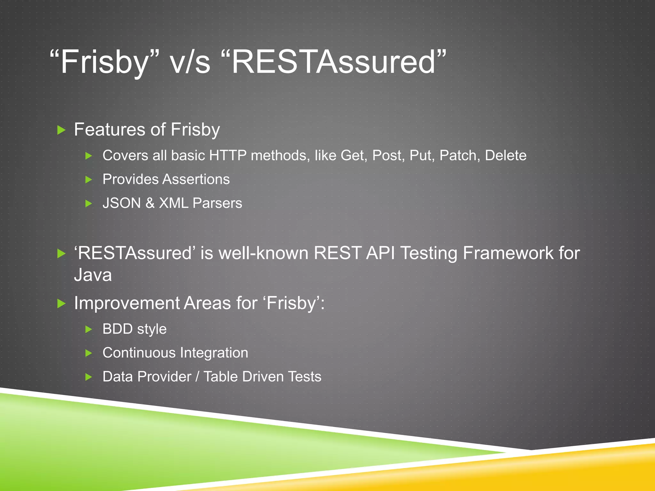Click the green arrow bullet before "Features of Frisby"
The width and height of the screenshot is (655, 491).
[x=61, y=130]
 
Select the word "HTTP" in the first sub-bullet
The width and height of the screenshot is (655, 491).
[x=227, y=156]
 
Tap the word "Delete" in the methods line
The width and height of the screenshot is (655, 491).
[x=505, y=156]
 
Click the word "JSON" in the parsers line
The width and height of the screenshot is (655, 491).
[x=122, y=203]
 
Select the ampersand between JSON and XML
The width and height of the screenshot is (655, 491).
[x=150, y=203]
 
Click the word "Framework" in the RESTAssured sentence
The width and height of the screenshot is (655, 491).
[x=508, y=253]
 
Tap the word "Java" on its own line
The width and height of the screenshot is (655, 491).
[x=93, y=275]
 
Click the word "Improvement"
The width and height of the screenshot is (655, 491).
[x=127, y=303]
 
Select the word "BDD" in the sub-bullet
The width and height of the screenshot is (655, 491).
[x=117, y=329]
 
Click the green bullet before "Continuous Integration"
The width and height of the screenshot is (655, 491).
[x=89, y=353]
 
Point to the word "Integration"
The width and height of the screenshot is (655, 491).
[x=214, y=353]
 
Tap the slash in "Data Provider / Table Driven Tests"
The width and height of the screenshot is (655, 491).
[x=197, y=377]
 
